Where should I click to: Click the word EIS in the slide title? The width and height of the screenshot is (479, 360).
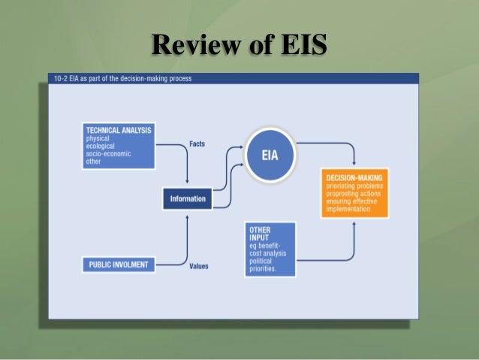pos(300,45)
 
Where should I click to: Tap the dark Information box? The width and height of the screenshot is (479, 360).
pos(188,199)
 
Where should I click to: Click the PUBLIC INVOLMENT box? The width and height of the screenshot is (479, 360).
pos(119,264)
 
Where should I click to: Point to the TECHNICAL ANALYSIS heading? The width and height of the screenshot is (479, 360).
pos(119,130)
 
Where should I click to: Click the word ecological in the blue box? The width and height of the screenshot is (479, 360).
pos(102,146)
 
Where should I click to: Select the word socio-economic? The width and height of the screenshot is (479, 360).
pos(109,153)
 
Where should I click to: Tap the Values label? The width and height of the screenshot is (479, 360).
pos(199,265)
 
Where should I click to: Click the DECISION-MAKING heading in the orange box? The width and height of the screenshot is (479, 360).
pos(354,177)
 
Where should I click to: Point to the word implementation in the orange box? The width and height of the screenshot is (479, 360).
pos(348,209)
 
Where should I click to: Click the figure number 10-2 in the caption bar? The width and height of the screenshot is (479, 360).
pos(61,78)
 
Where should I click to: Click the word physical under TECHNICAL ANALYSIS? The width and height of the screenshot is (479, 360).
pos(98,138)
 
